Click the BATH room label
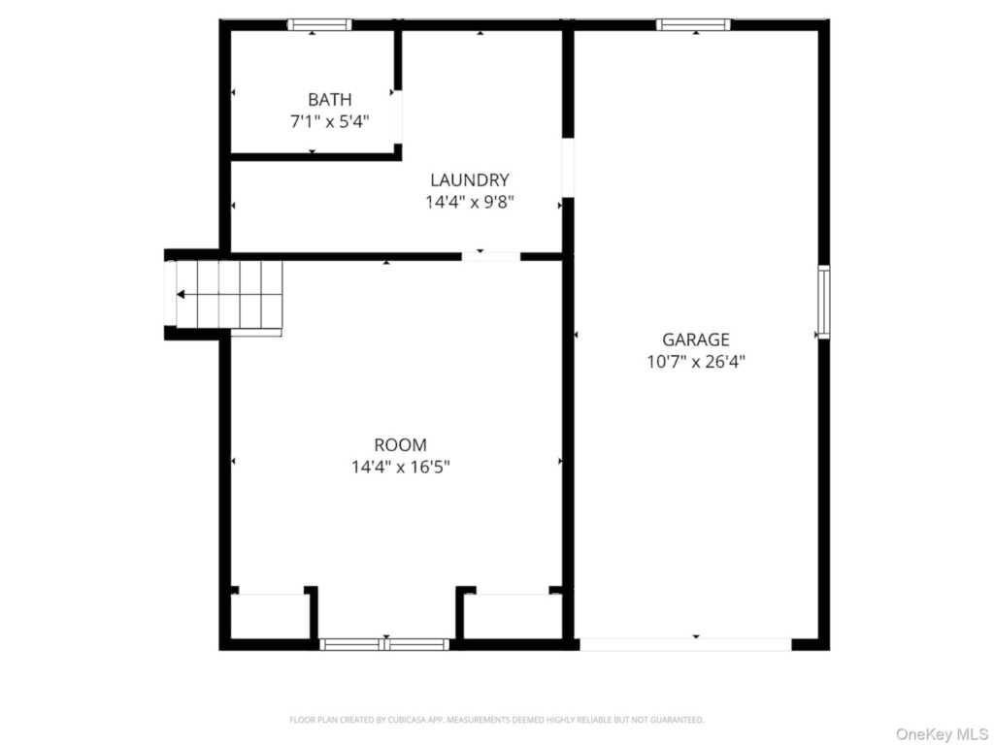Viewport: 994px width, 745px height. point(330,100)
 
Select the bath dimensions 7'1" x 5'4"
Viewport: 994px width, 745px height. point(330,121)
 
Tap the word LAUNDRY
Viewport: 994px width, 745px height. point(469,179)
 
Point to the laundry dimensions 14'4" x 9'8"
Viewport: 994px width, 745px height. point(469,202)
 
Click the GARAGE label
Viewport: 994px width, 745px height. point(695,340)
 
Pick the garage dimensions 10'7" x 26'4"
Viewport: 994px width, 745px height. point(695,362)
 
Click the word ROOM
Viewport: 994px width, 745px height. point(400,444)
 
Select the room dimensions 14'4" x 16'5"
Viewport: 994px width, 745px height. point(400,467)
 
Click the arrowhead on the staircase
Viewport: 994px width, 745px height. point(181,295)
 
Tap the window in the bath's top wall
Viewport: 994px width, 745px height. point(318,24)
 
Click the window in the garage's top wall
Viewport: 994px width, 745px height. point(693,24)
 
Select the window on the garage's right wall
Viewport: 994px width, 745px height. point(823,302)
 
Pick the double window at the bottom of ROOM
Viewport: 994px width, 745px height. point(384,644)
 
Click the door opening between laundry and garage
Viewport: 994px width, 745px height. point(568,167)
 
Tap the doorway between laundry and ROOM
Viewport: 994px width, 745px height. point(490,256)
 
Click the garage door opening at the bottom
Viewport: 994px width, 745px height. point(685,644)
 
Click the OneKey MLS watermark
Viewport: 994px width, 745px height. point(942,734)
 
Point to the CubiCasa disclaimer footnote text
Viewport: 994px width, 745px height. point(496,720)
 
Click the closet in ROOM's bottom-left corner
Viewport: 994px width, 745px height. point(270,616)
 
